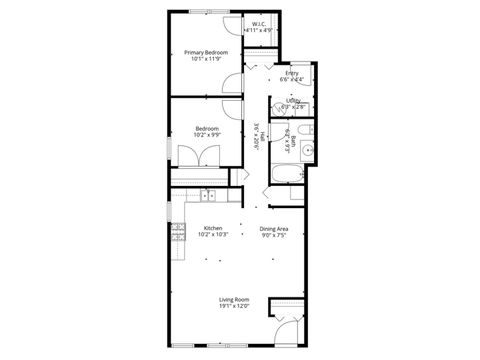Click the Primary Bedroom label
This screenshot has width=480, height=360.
click(x=207, y=51)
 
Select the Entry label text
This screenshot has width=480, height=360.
click(x=292, y=73)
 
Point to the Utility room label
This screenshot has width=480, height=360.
click(x=293, y=100)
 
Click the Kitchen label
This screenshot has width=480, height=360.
click(x=213, y=228)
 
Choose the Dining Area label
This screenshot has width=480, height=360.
click(x=275, y=228)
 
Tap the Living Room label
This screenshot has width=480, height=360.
click(x=235, y=299)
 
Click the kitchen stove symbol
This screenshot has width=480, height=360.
click(x=178, y=232)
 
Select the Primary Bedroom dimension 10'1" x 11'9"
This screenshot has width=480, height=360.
click(x=207, y=59)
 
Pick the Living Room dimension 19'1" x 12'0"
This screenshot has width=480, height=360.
click(x=235, y=306)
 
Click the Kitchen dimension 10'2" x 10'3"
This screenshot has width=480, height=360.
click(x=213, y=235)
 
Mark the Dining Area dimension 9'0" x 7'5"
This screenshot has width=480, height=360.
click(x=275, y=235)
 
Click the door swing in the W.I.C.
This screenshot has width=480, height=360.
click(x=230, y=27)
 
